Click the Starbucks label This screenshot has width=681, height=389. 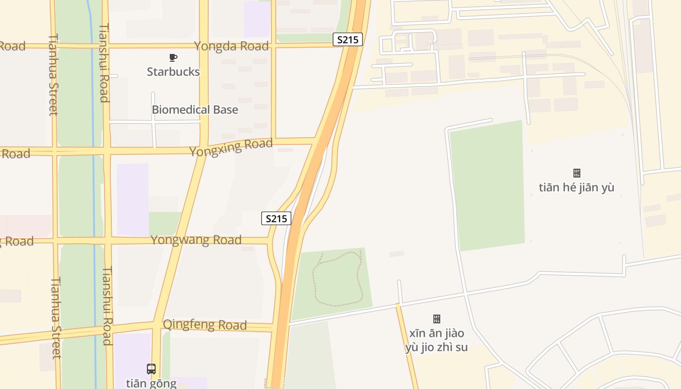[x=173, y=72]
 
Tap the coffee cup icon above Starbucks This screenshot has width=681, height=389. [x=173, y=58]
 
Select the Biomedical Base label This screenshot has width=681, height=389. [x=195, y=110]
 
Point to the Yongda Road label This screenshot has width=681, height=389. [x=231, y=46]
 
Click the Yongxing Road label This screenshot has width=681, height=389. [x=231, y=147]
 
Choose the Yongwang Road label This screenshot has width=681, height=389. [x=196, y=240]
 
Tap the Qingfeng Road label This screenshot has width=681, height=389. [x=204, y=324]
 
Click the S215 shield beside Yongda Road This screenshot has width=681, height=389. [x=347, y=40]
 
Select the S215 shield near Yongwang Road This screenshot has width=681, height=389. [x=276, y=219]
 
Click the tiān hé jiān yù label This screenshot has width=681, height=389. [x=576, y=188]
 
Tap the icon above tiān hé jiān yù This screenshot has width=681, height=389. [x=576, y=173]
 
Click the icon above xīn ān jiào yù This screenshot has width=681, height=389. [x=436, y=319]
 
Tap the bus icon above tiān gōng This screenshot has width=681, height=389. [x=151, y=369]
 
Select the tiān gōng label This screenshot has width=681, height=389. [x=151, y=383]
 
